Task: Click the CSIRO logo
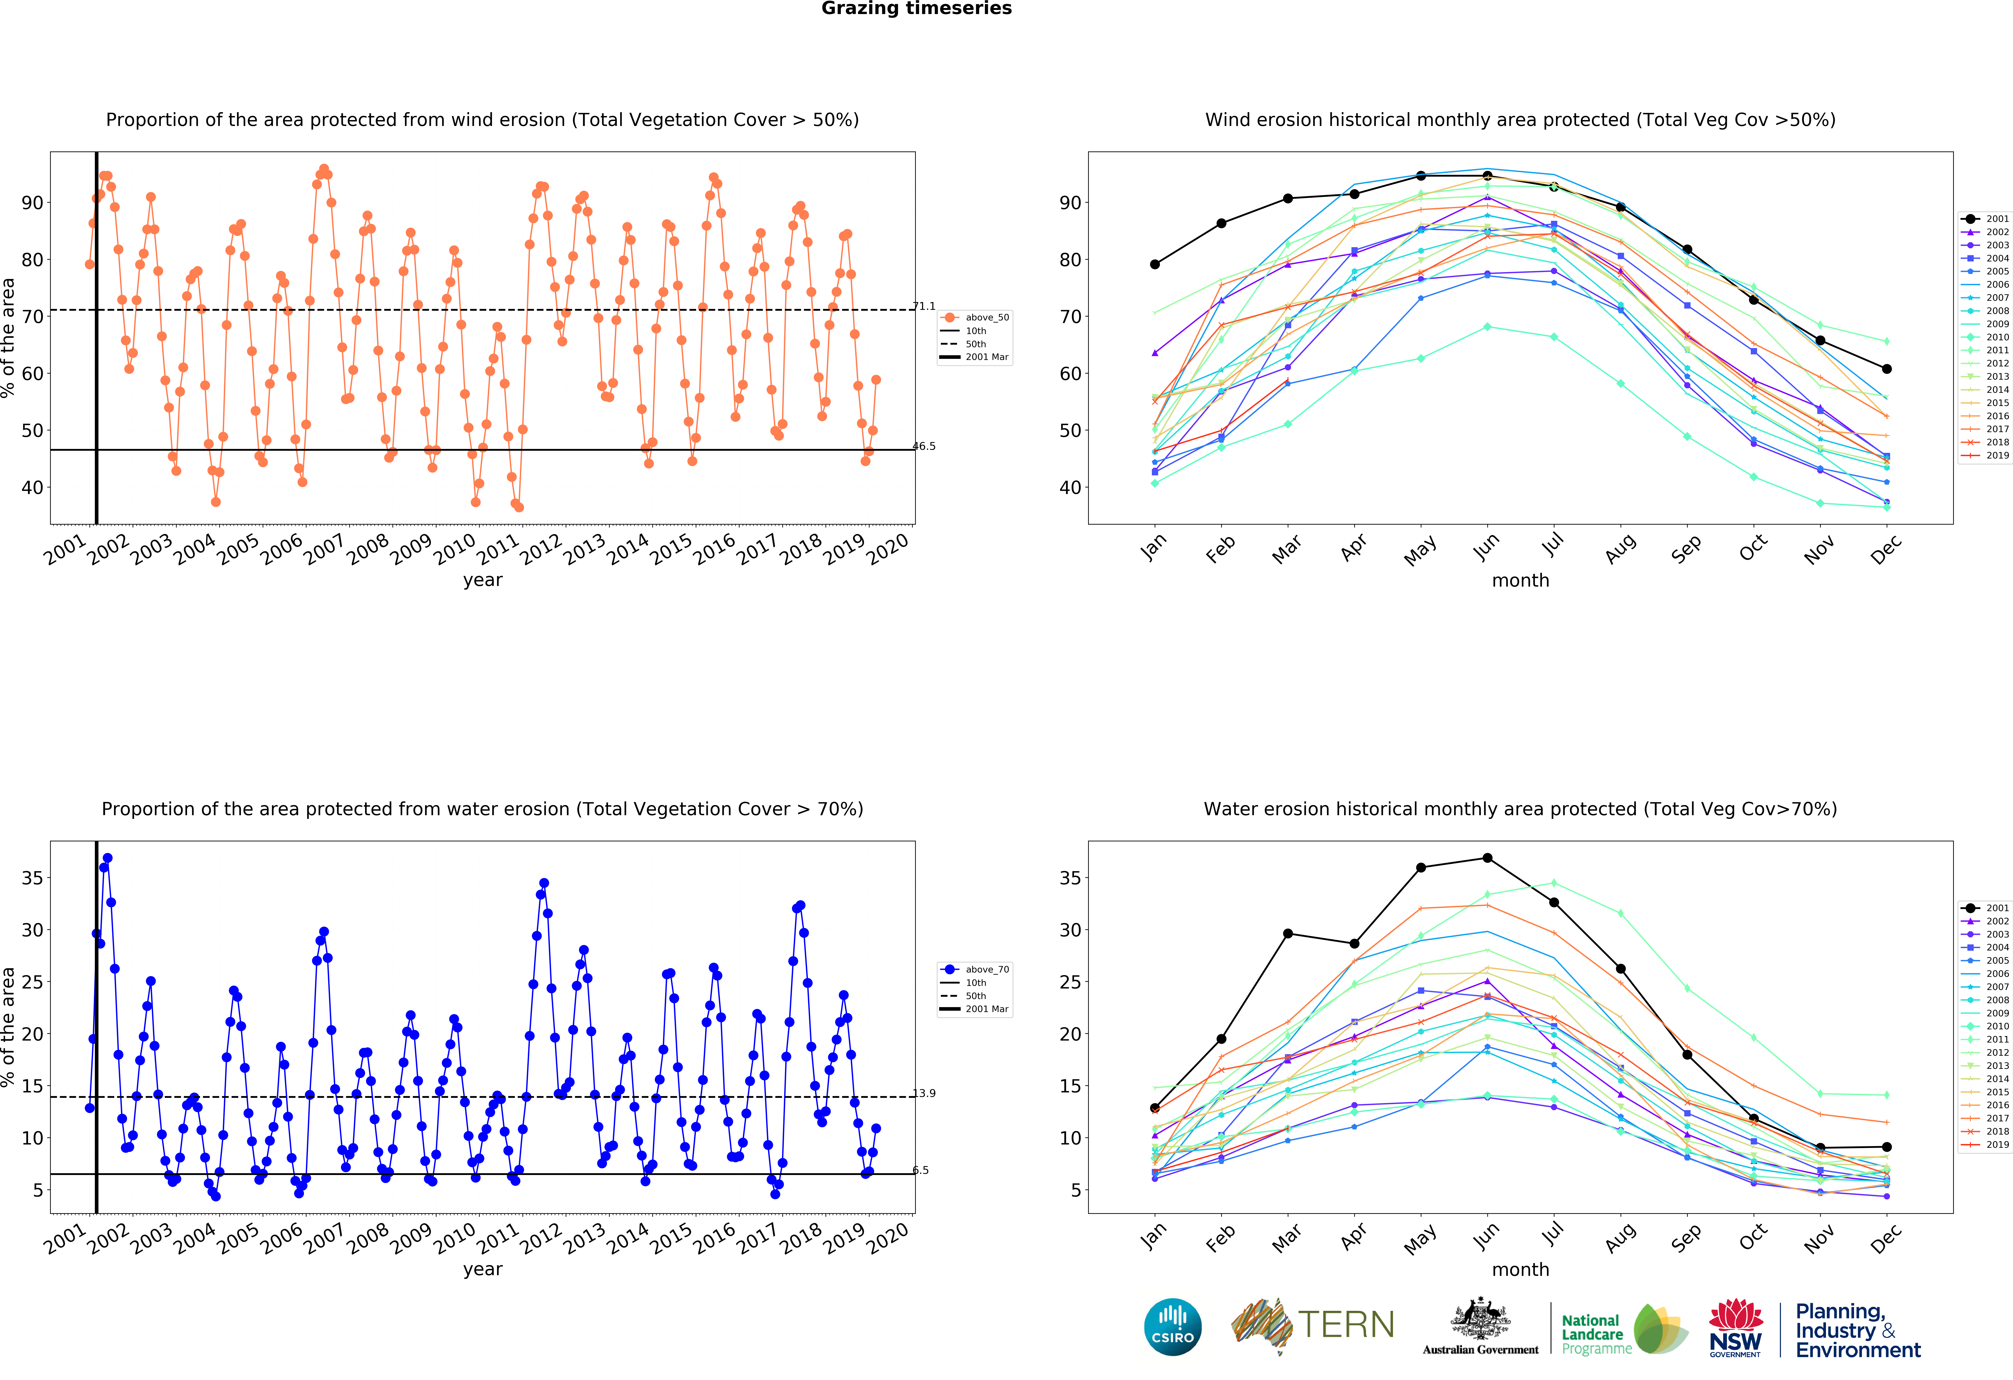[x=1173, y=1326]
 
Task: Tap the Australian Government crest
[x=1480, y=1318]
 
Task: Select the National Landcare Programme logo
[x=1624, y=1330]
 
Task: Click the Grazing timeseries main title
[x=916, y=9]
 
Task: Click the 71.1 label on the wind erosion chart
[x=924, y=306]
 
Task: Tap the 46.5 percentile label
[x=924, y=446]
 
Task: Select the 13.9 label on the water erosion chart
[x=924, y=1093]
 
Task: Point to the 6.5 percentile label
[x=921, y=1170]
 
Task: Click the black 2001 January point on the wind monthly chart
[x=1155, y=264]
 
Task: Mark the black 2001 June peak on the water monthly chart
[x=1487, y=858]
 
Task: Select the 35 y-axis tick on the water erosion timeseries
[x=32, y=878]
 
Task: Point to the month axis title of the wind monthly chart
[x=1520, y=580]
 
